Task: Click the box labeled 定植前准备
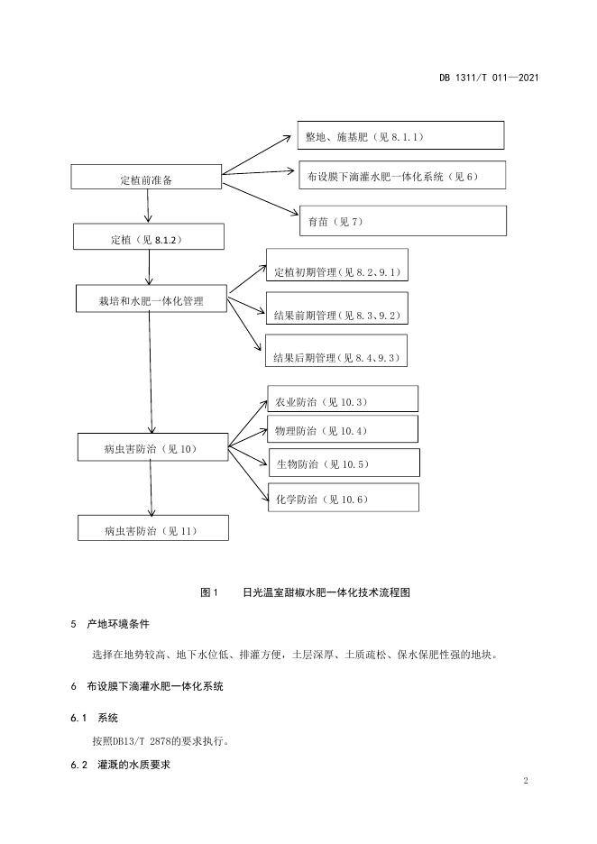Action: [x=146, y=177]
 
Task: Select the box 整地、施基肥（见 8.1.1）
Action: [x=400, y=135]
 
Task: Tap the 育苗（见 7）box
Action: [x=403, y=220]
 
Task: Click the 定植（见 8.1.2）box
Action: [x=149, y=237]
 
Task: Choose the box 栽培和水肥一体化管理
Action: [x=152, y=298]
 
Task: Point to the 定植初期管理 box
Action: [x=337, y=265]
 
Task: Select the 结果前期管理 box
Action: [x=337, y=308]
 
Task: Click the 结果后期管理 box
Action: [x=335, y=351]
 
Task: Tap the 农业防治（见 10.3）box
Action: [x=343, y=399]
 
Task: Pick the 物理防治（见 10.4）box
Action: [x=343, y=429]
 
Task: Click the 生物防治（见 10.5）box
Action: [x=344, y=463]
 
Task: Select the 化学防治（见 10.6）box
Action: [x=344, y=498]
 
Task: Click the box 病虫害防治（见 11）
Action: [x=153, y=528]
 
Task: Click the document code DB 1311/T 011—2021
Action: [x=489, y=78]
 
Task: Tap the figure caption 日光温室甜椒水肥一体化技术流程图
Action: [x=326, y=592]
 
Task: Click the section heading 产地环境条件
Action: [x=118, y=624]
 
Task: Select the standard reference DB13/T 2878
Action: [x=137, y=741]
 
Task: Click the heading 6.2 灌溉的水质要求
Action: [x=121, y=765]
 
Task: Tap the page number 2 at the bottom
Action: [x=526, y=781]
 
